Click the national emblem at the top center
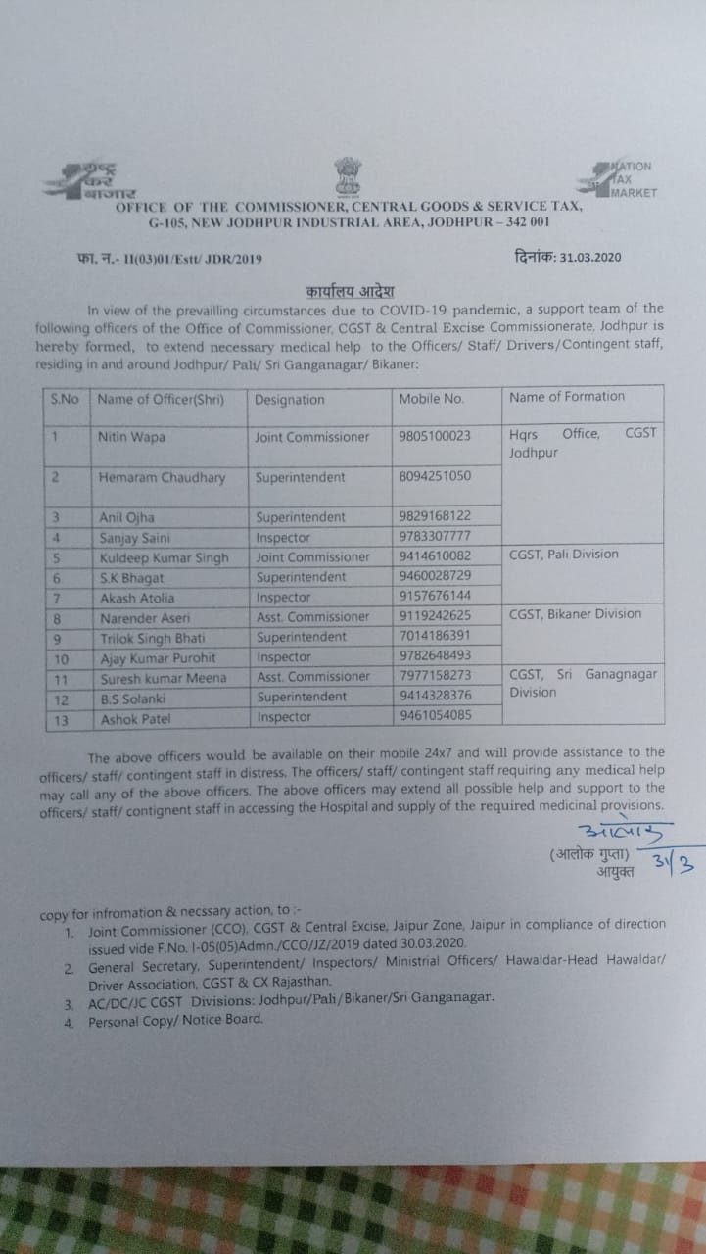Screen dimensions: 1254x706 349,176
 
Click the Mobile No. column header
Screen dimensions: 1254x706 432,399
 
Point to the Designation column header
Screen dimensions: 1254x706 289,400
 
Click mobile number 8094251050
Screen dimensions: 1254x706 435,477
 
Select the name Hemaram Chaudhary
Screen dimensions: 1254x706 162,478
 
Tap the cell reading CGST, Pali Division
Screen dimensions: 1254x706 564,555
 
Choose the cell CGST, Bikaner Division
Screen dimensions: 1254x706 576,614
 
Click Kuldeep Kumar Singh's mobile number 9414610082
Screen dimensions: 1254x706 435,556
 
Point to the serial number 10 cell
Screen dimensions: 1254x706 58,657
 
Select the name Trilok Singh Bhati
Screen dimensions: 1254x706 155,637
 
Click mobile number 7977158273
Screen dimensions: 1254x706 435,676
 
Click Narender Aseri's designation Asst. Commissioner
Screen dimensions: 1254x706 313,617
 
